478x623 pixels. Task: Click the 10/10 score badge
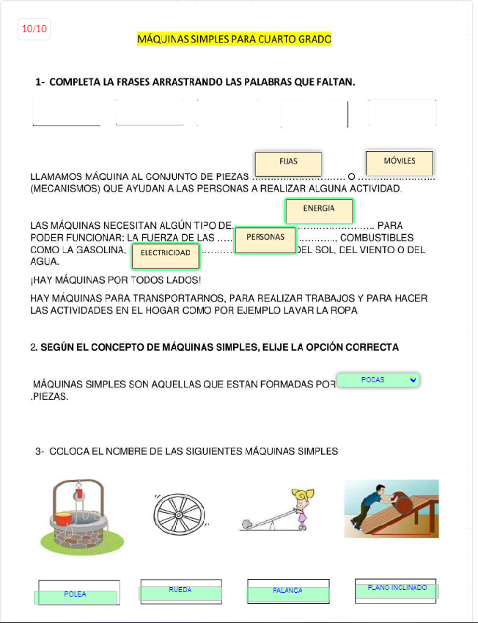point(34,29)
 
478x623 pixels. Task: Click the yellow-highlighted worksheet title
point(235,39)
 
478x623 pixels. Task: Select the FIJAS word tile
point(288,163)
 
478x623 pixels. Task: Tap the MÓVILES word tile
point(400,162)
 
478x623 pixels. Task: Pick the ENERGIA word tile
point(319,210)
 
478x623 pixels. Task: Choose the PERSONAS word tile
point(265,239)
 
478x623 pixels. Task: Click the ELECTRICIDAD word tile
point(166,254)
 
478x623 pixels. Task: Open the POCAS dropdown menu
point(378,380)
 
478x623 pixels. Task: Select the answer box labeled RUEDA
point(180,591)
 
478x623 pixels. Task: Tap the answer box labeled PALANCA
point(287,592)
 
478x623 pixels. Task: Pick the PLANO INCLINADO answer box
point(397,590)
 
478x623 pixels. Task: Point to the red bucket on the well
point(64,517)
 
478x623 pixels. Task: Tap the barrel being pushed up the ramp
point(401,500)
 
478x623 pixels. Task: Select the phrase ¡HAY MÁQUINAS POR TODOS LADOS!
point(116,280)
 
